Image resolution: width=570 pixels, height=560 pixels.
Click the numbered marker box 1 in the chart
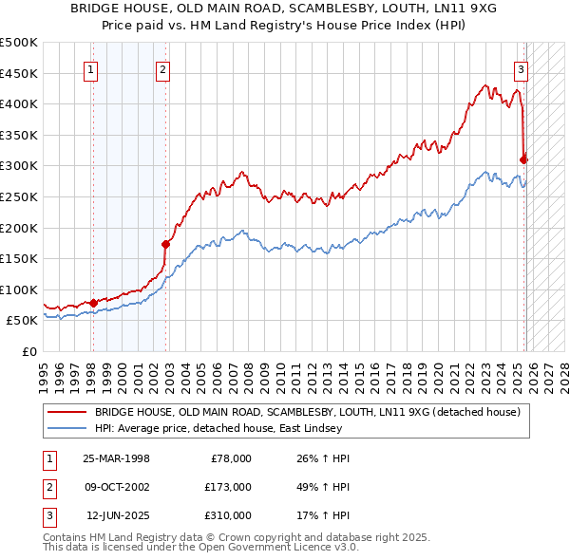point(92,69)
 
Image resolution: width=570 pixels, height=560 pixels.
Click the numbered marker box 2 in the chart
point(163,69)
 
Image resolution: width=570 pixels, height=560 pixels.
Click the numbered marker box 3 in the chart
point(522,69)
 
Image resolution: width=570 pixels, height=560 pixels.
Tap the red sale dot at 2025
point(524,159)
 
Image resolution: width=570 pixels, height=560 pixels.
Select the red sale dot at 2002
point(165,244)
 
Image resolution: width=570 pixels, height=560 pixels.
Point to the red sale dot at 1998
point(93,303)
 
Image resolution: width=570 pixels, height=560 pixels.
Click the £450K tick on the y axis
point(19,73)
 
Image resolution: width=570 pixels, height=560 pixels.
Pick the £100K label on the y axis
point(19,289)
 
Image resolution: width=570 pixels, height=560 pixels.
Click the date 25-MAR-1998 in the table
point(116,458)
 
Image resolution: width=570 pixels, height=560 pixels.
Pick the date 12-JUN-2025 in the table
point(118,515)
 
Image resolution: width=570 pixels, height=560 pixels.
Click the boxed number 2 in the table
point(48,487)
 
